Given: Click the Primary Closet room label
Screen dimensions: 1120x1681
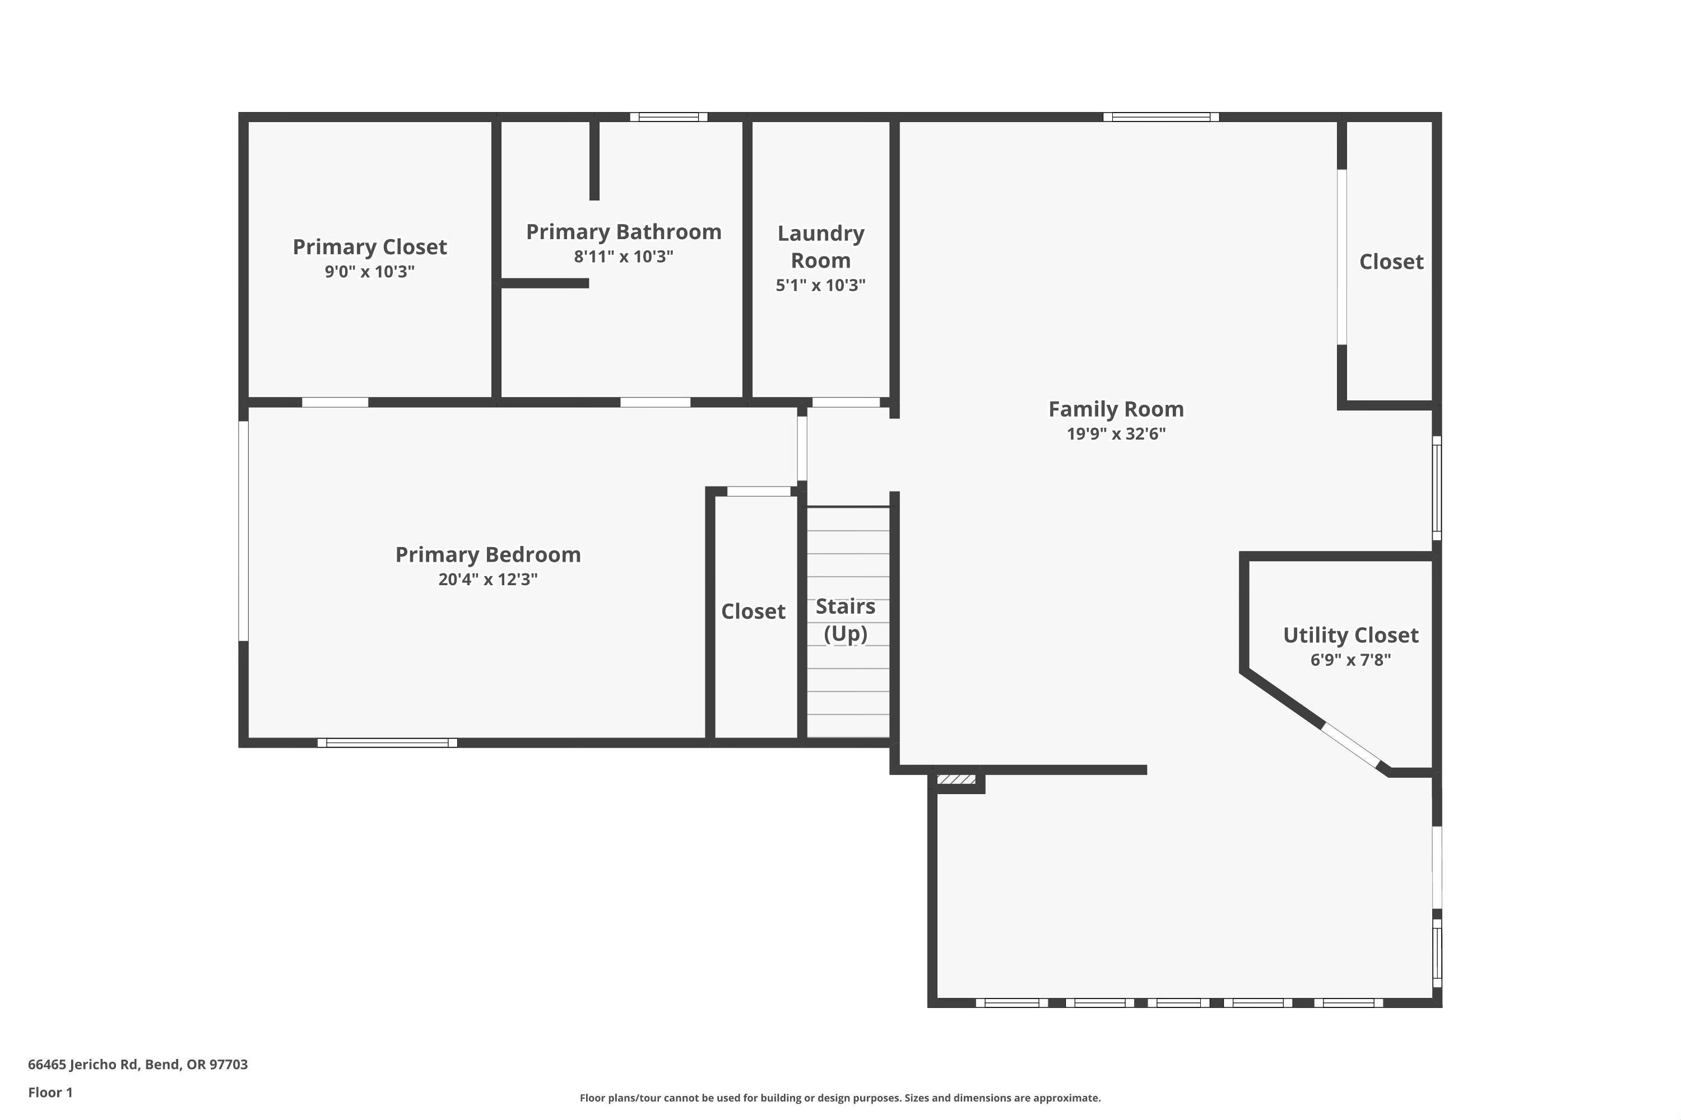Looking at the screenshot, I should click(x=369, y=247).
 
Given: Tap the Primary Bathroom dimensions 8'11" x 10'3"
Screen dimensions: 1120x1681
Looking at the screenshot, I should click(x=623, y=256).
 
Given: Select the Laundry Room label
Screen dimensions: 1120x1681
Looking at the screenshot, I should click(x=820, y=246).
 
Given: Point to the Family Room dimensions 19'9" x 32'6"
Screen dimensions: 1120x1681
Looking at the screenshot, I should click(x=1116, y=433).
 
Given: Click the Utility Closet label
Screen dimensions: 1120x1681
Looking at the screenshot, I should click(x=1350, y=635).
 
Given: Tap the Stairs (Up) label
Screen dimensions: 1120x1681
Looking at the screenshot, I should click(x=846, y=619).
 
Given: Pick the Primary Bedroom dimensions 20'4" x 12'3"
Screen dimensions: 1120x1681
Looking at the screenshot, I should click(x=487, y=579).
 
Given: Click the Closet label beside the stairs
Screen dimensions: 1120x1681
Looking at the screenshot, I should click(x=753, y=612).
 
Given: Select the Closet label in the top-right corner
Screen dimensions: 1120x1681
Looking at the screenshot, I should click(x=1391, y=262).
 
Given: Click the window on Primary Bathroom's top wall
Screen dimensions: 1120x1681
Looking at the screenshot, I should click(x=668, y=117).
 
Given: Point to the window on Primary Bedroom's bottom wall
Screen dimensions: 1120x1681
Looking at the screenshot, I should click(x=387, y=743).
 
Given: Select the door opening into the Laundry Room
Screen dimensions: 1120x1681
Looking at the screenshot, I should click(x=846, y=403).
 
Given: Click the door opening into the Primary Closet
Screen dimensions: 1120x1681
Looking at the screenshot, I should click(x=335, y=403).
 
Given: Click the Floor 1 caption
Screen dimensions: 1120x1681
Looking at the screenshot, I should click(x=50, y=1092).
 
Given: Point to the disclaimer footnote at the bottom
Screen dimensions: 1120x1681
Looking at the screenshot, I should click(x=840, y=1098).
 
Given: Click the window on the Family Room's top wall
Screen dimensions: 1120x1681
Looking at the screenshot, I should click(x=1160, y=117).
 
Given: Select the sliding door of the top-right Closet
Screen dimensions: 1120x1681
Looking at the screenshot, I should click(x=1341, y=257).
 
